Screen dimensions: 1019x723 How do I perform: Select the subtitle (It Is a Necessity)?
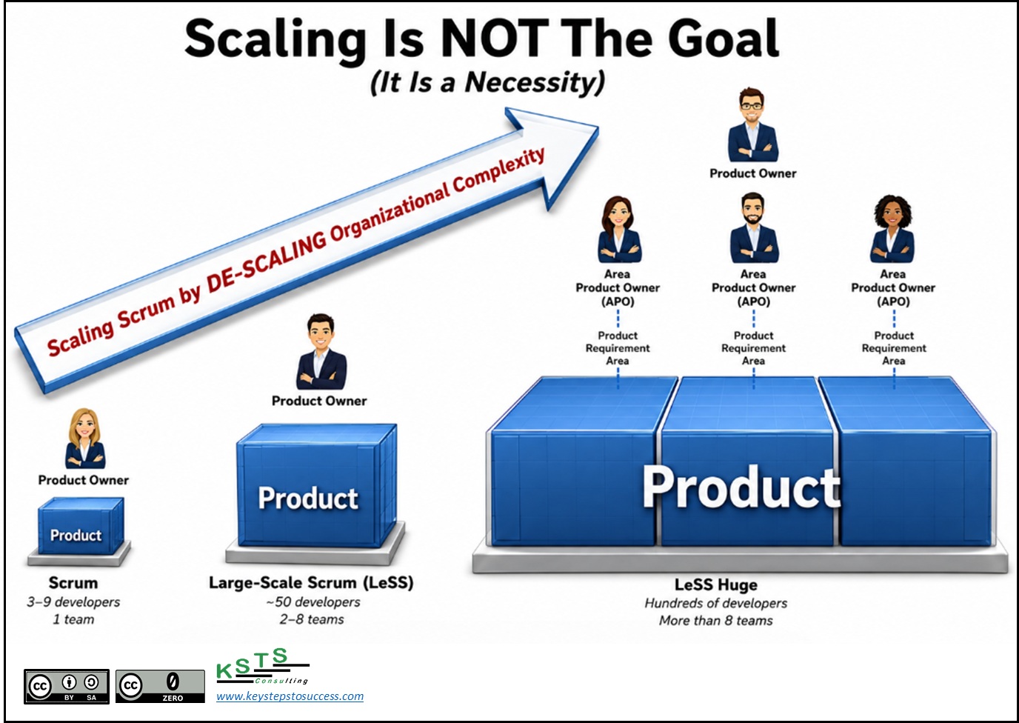(488, 82)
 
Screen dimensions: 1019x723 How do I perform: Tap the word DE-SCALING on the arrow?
(267, 261)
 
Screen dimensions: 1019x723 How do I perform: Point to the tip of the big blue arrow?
(598, 129)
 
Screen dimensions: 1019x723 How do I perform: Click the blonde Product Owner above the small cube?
(85, 439)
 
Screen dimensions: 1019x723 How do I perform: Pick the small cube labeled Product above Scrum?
(81, 527)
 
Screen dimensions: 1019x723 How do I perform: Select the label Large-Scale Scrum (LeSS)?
(311, 583)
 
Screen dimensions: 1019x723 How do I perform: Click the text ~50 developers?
(313, 602)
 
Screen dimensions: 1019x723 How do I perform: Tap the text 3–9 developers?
(73, 602)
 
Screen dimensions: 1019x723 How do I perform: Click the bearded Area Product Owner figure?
(754, 228)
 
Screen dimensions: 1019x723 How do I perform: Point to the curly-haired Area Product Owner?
(892, 229)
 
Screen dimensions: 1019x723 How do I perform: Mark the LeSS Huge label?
(716, 584)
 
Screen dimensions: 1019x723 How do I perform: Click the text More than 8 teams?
(716, 621)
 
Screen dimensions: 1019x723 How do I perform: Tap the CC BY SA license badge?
(67, 687)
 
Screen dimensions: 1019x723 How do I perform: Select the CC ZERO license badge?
(160, 687)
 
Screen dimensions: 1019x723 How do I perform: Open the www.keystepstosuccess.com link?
(290, 696)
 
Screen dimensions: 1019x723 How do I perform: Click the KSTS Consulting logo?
(263, 666)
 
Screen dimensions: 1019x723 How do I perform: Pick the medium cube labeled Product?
(317, 486)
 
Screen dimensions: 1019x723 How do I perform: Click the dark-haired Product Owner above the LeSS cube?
(321, 351)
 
